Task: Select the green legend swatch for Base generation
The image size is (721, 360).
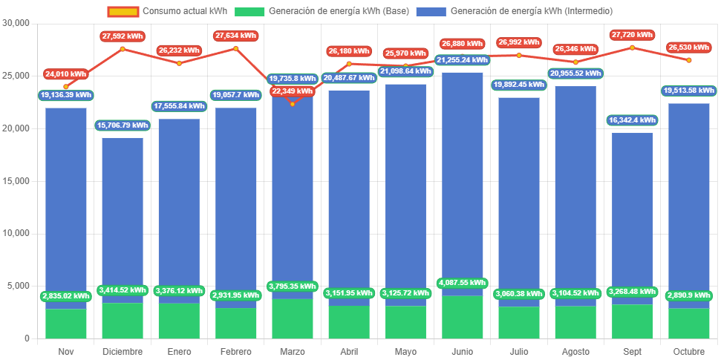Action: tap(249, 11)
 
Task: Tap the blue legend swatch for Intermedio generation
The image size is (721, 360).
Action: tap(431, 11)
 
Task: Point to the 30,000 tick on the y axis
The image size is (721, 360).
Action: tap(16, 23)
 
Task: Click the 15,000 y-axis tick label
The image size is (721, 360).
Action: tap(16, 180)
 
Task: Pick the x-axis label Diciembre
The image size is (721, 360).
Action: tap(123, 351)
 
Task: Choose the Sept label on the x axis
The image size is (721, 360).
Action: tap(632, 351)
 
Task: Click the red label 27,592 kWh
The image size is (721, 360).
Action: tap(123, 36)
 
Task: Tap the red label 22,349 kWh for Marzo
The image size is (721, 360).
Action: tap(292, 91)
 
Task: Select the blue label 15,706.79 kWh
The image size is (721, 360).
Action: tap(123, 125)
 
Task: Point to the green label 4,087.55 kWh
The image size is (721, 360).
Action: tap(462, 283)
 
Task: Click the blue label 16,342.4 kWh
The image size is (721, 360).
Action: tap(632, 120)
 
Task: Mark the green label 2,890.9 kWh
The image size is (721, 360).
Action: tap(688, 295)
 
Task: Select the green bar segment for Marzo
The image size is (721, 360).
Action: tap(292, 319)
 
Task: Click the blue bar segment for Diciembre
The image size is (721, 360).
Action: tap(123, 215)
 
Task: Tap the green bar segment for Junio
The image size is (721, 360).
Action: tap(462, 318)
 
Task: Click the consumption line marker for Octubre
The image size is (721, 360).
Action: tap(688, 60)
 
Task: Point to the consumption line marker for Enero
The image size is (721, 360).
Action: tap(179, 63)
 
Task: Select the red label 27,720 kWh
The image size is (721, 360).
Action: tap(632, 35)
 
